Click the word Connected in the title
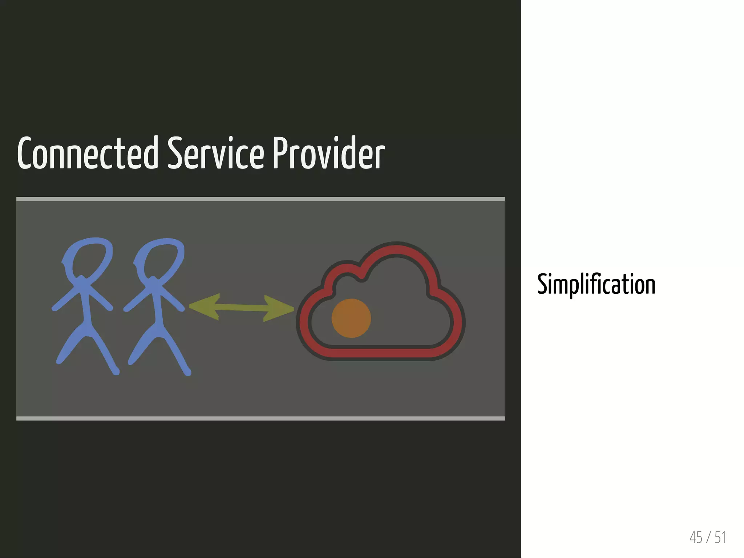pos(88,154)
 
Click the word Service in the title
pos(215,154)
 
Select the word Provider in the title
pos(328,154)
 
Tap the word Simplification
pos(596,284)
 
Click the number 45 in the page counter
pos(696,537)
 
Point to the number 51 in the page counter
pos(720,537)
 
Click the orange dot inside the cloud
pos(351,318)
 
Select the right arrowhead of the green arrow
pos(278,309)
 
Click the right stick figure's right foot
pos(187,372)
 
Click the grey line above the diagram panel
pos(260,199)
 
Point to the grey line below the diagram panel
pos(260,418)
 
